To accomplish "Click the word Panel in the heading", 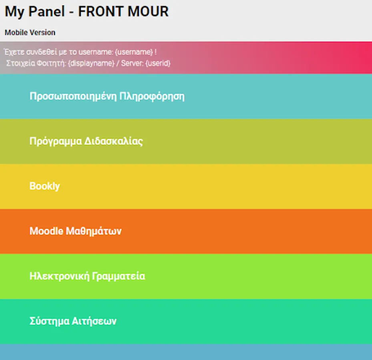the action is pos(46,11).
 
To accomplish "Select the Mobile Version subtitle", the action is pos(30,32).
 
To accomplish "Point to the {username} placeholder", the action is pos(134,52).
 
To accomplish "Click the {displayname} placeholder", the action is pos(91,63).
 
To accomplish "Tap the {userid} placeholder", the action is pos(158,63).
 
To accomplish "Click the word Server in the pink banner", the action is pos(133,63).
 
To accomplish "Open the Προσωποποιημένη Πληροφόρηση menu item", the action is pos(107,97).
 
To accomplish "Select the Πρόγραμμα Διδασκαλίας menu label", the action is pos(86,142).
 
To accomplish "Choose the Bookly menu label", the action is pos(44,186).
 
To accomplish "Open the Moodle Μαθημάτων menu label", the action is pos(75,231).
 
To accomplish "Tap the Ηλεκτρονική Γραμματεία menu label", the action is pos(87,276).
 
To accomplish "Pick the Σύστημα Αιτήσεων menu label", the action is pos(73,321).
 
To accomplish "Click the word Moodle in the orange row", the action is pos(46,231).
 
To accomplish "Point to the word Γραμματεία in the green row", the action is pos(119,276).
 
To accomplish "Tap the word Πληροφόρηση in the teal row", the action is pos(152,97).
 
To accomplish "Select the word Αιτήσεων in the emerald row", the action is pos(94,321).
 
